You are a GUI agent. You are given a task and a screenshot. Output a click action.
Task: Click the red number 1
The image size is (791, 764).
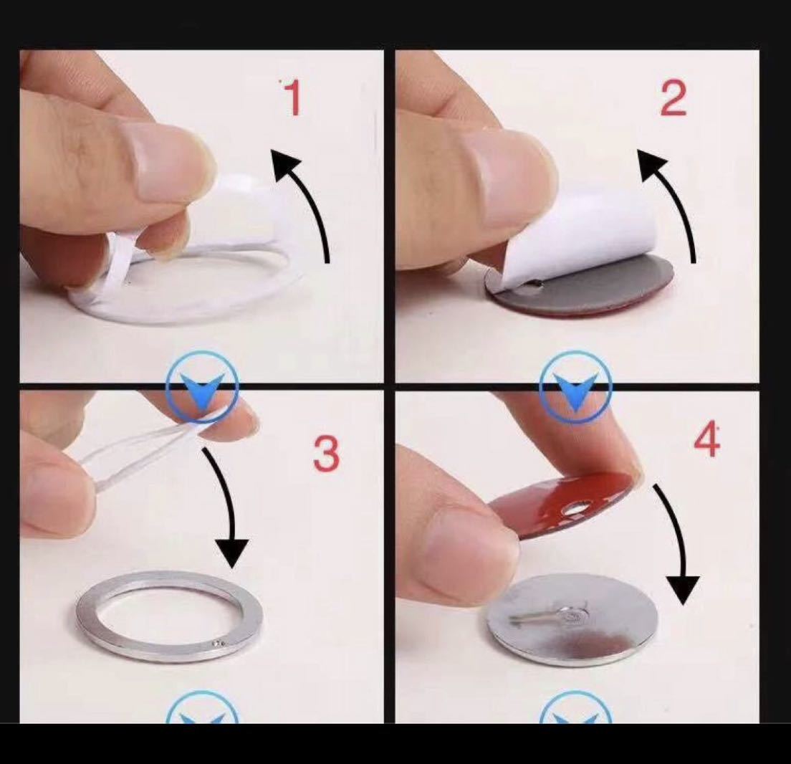point(292,97)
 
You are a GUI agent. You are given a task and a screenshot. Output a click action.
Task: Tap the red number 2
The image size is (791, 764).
point(673,98)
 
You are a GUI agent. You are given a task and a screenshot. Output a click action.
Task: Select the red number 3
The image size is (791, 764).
point(327,454)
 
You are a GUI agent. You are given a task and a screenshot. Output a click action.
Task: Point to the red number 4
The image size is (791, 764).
point(706,440)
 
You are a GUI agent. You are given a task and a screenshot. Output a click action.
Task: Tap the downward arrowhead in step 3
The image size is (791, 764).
point(232,553)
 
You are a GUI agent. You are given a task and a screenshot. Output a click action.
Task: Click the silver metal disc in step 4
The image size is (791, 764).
point(572,620)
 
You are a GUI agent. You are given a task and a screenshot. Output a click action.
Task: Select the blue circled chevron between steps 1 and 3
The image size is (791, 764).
point(202,388)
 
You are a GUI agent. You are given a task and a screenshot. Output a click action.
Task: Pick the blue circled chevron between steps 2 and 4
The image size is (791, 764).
point(575,388)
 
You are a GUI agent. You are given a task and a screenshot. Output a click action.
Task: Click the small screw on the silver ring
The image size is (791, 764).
point(218,643)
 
